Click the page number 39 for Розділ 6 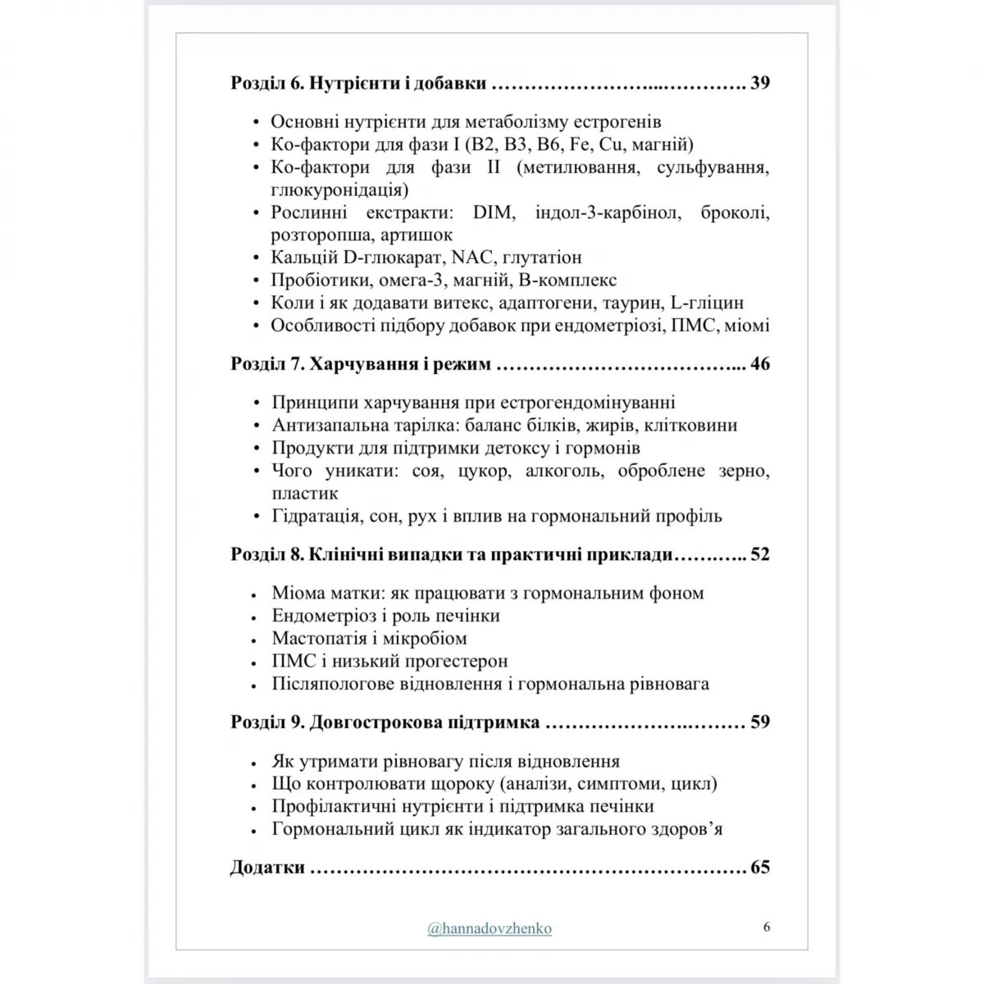[759, 83]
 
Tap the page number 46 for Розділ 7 [759, 363]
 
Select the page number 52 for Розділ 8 [759, 554]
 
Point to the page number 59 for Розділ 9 [759, 722]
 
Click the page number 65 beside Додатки [759, 868]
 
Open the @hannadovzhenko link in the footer [490, 928]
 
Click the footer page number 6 [766, 927]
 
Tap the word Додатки [267, 868]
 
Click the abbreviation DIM [493, 213]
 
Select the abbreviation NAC [473, 257]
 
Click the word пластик [305, 494]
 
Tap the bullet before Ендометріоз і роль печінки [255, 616]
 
